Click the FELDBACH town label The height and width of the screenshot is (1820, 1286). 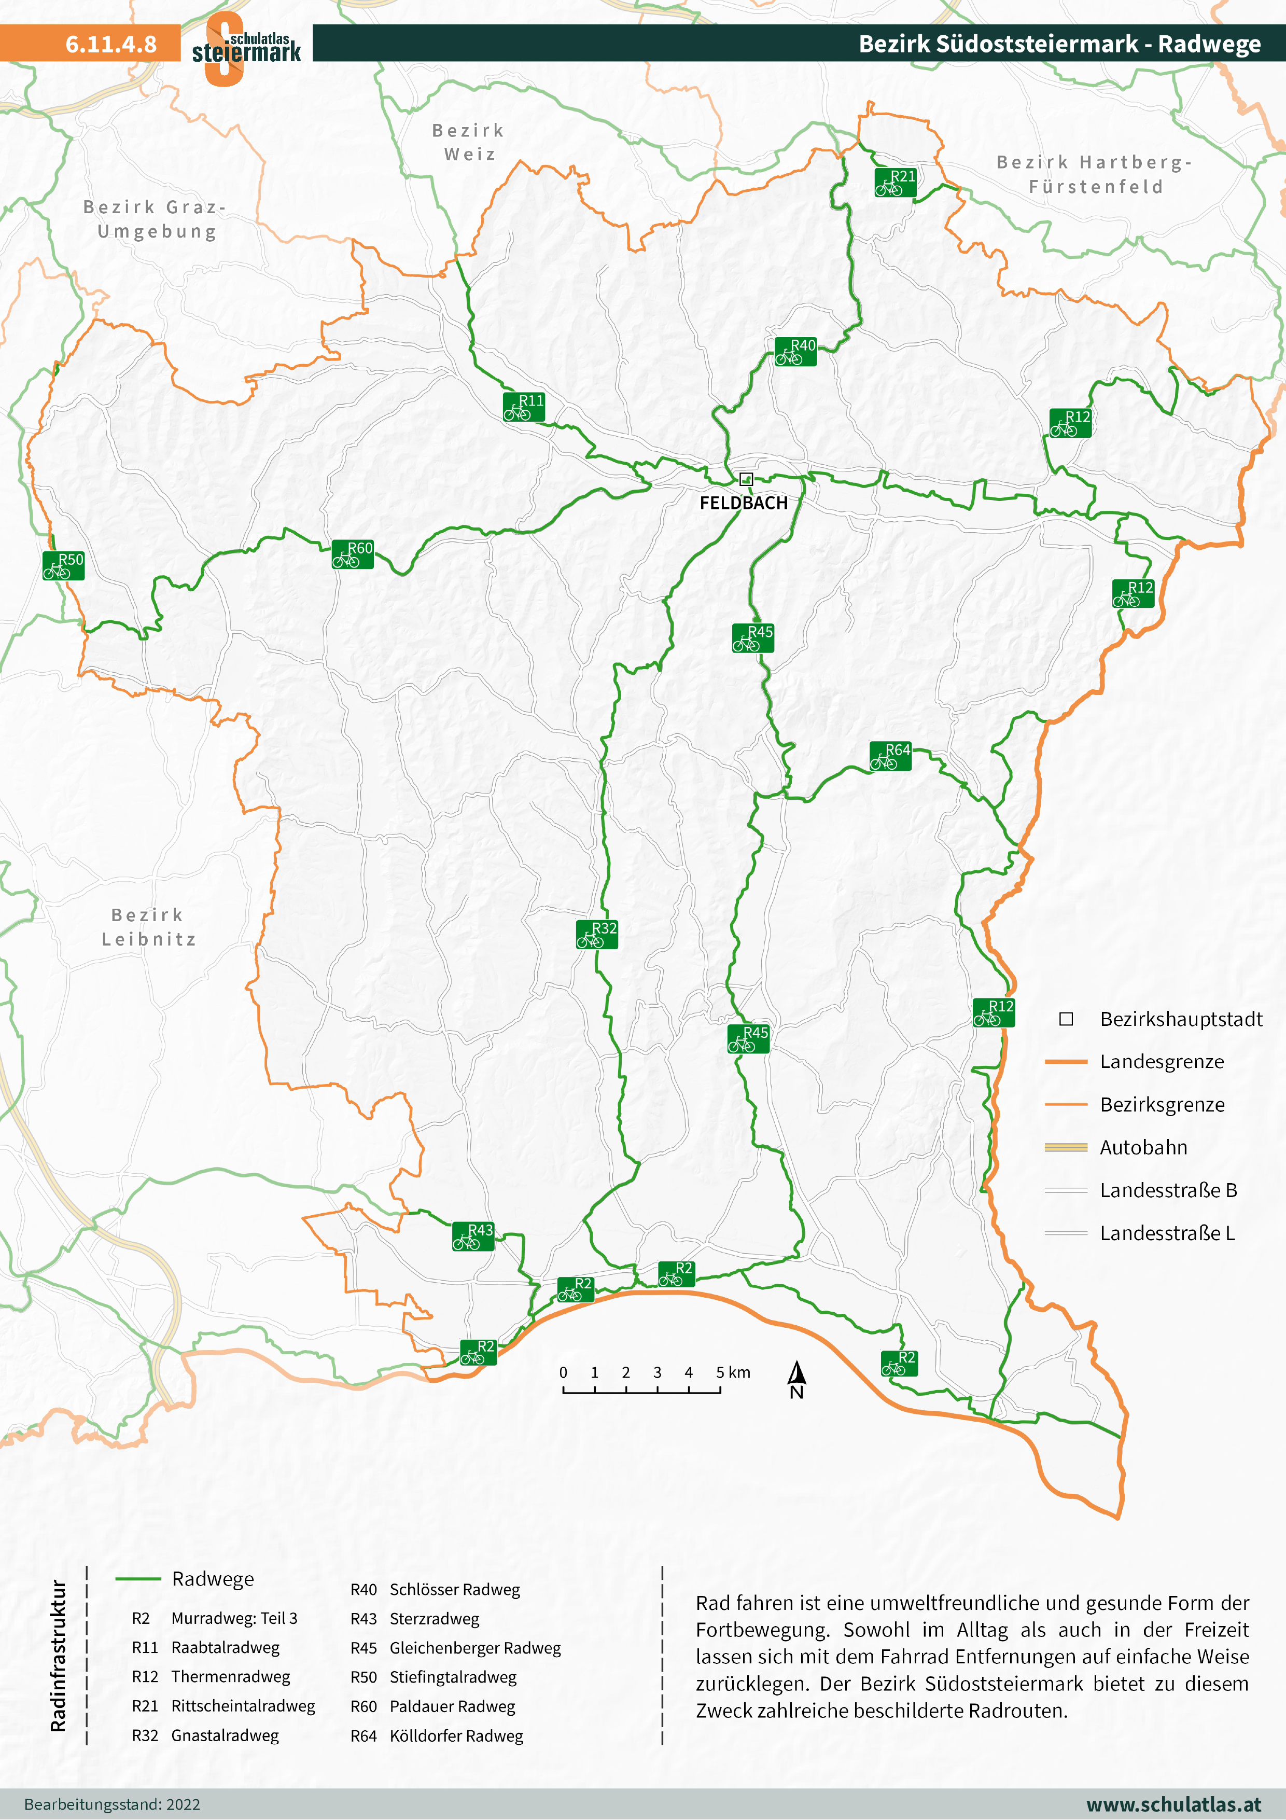(743, 503)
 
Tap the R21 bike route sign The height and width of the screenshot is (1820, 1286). (896, 183)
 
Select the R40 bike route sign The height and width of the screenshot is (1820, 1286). (795, 351)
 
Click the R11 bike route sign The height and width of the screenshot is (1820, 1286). (524, 407)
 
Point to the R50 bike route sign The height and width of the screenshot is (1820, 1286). (63, 565)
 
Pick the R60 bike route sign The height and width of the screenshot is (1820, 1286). (353, 554)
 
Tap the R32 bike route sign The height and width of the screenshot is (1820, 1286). (597, 935)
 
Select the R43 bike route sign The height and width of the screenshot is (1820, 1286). (473, 1236)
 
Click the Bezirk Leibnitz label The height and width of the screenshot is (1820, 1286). (148, 927)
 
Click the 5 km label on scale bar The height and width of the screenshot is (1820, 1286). (733, 1372)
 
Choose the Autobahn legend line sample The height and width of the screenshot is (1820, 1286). (1066, 1147)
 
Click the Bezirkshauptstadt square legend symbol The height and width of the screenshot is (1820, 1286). (1067, 1019)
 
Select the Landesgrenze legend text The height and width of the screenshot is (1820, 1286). (1162, 1061)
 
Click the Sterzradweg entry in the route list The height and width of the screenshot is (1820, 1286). (434, 1619)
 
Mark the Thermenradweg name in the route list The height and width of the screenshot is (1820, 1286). (231, 1676)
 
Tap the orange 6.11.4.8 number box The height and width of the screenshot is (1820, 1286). (90, 44)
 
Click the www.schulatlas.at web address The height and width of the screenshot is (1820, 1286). (1173, 1804)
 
